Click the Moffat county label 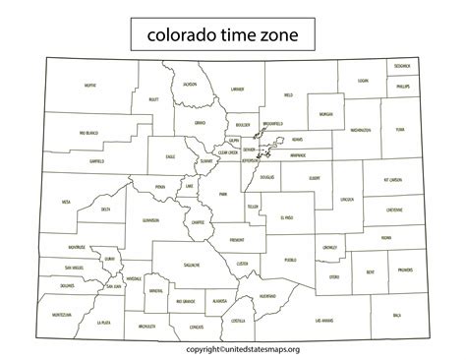tap(90, 86)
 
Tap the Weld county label tap(288, 95)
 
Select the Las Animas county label tap(323, 320)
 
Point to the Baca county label tap(397, 315)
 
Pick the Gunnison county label tap(149, 220)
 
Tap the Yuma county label tap(398, 129)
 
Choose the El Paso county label tap(286, 217)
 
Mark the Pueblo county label tap(290, 260)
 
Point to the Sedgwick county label tap(401, 65)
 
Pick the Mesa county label tap(66, 202)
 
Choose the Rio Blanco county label tap(89, 131)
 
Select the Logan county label tap(363, 81)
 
